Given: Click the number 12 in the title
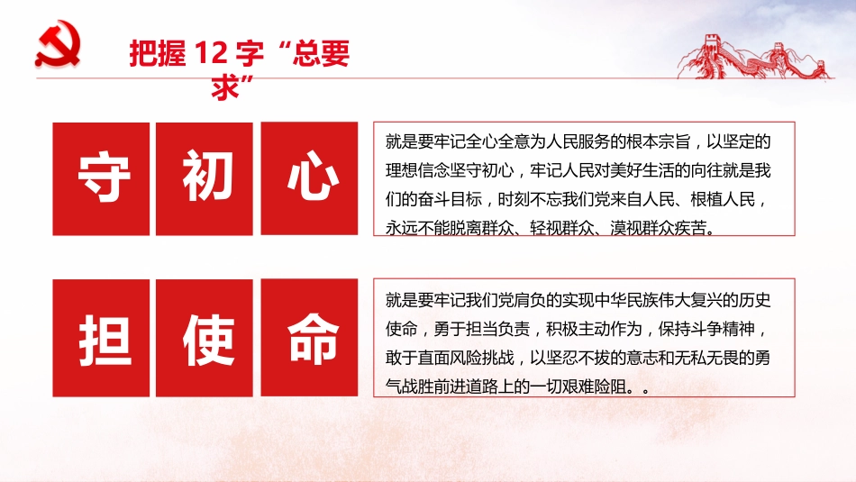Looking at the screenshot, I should tap(210, 54).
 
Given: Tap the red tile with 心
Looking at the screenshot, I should tap(312, 178).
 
